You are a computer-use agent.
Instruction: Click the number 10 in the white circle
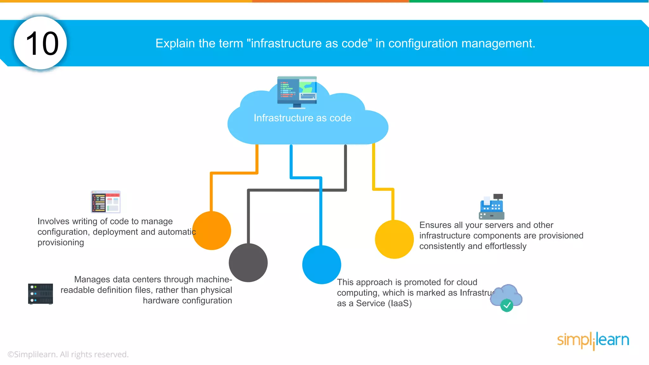pyautogui.click(x=42, y=43)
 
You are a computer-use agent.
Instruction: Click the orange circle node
pyautogui.click(x=212, y=230)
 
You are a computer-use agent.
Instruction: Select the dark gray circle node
pyautogui.click(x=248, y=263)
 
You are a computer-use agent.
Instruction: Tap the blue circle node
pyautogui.click(x=321, y=265)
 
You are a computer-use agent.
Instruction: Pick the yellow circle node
pyautogui.click(x=394, y=239)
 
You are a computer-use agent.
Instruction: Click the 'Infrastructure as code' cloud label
pyautogui.click(x=302, y=118)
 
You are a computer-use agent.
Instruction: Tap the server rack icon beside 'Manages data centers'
pyautogui.click(x=41, y=294)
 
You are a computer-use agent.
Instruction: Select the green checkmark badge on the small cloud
pyautogui.click(x=506, y=305)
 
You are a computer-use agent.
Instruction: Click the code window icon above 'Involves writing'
pyautogui.click(x=106, y=202)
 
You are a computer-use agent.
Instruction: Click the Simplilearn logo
pyautogui.click(x=593, y=340)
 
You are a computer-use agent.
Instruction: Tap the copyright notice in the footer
pyautogui.click(x=68, y=354)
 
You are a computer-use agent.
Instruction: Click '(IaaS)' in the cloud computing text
pyautogui.click(x=400, y=303)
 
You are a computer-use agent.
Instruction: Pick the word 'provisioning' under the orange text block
pyautogui.click(x=61, y=242)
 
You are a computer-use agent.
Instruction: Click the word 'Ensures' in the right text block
pyautogui.click(x=435, y=225)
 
